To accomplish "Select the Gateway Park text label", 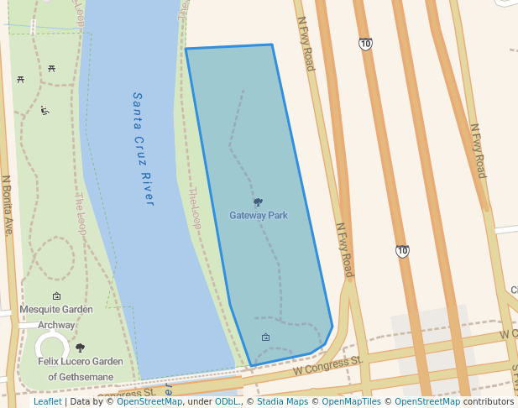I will (259, 216).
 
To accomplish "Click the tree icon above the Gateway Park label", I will (258, 202).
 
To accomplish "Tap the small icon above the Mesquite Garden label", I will (56, 296).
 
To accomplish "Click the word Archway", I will (56, 324).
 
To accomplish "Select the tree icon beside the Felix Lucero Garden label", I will (81, 348).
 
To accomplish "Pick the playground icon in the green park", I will (44, 111).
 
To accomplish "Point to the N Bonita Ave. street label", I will (6, 205).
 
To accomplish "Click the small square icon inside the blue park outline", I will (265, 337).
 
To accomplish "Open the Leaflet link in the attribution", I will (47, 402).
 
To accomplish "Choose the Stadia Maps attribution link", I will (280, 402).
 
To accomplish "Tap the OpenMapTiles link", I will (351, 402).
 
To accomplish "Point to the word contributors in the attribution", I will (488, 402).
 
